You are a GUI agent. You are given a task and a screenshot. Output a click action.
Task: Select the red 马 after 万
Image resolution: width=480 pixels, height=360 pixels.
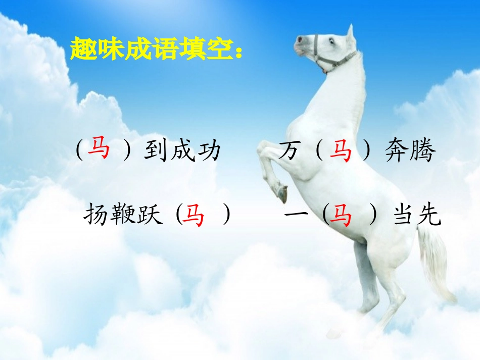click(341, 151)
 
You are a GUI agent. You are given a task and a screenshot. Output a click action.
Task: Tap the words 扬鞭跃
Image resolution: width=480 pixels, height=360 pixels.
click(123, 216)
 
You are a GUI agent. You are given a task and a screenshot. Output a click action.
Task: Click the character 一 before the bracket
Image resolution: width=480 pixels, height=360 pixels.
click(296, 216)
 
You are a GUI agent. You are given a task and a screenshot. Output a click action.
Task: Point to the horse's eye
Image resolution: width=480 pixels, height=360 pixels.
click(332, 41)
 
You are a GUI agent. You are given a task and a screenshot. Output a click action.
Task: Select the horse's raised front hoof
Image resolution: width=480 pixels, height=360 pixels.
click(281, 193)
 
